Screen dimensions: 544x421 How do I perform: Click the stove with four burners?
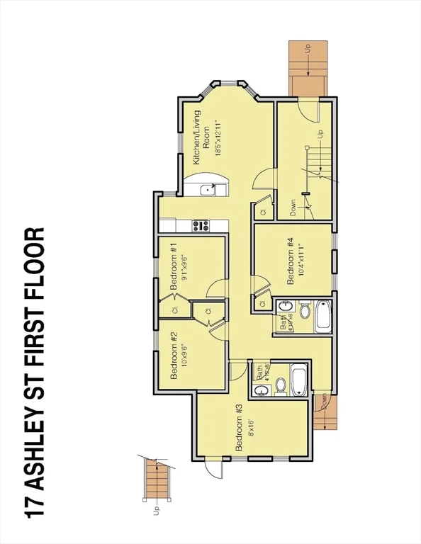point(200,226)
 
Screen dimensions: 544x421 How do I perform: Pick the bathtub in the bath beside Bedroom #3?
point(298,380)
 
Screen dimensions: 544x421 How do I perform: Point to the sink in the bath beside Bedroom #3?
point(261,390)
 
